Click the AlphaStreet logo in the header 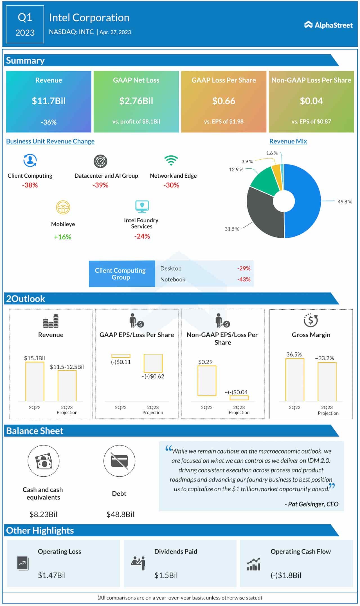point(328,25)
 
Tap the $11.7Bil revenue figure point(49,101)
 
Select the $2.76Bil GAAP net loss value point(136,101)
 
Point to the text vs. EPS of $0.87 point(311,122)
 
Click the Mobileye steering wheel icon point(63,208)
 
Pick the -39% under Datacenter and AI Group point(100,185)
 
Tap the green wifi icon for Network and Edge point(171,160)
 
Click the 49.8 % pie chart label point(345,202)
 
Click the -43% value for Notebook point(244,279)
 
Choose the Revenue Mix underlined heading point(288,141)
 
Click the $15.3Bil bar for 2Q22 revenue point(35,381)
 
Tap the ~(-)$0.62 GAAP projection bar point(153,363)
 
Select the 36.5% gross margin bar point(294,380)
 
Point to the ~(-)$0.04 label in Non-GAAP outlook point(236,392)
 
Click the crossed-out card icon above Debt point(119,461)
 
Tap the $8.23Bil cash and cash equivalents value point(43,514)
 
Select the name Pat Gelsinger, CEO point(311,504)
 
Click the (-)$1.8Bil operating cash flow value point(286,575)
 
